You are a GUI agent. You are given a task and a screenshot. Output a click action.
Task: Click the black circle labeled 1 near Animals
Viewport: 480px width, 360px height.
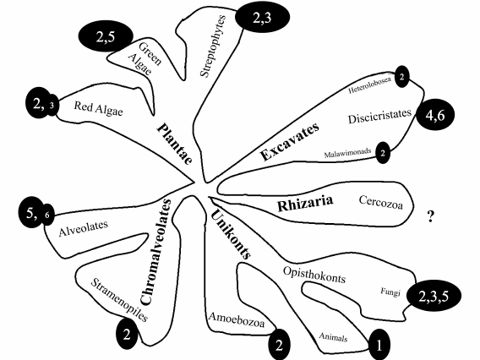(x=380, y=345)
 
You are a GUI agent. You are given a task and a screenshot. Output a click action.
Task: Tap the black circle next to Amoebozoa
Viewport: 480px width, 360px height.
(x=279, y=344)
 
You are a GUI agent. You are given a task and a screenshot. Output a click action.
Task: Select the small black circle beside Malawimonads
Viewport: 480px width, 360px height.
(x=384, y=153)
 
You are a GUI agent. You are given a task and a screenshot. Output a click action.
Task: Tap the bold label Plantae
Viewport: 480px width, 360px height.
(x=175, y=143)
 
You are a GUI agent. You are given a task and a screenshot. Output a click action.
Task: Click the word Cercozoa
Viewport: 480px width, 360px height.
(x=372, y=202)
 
